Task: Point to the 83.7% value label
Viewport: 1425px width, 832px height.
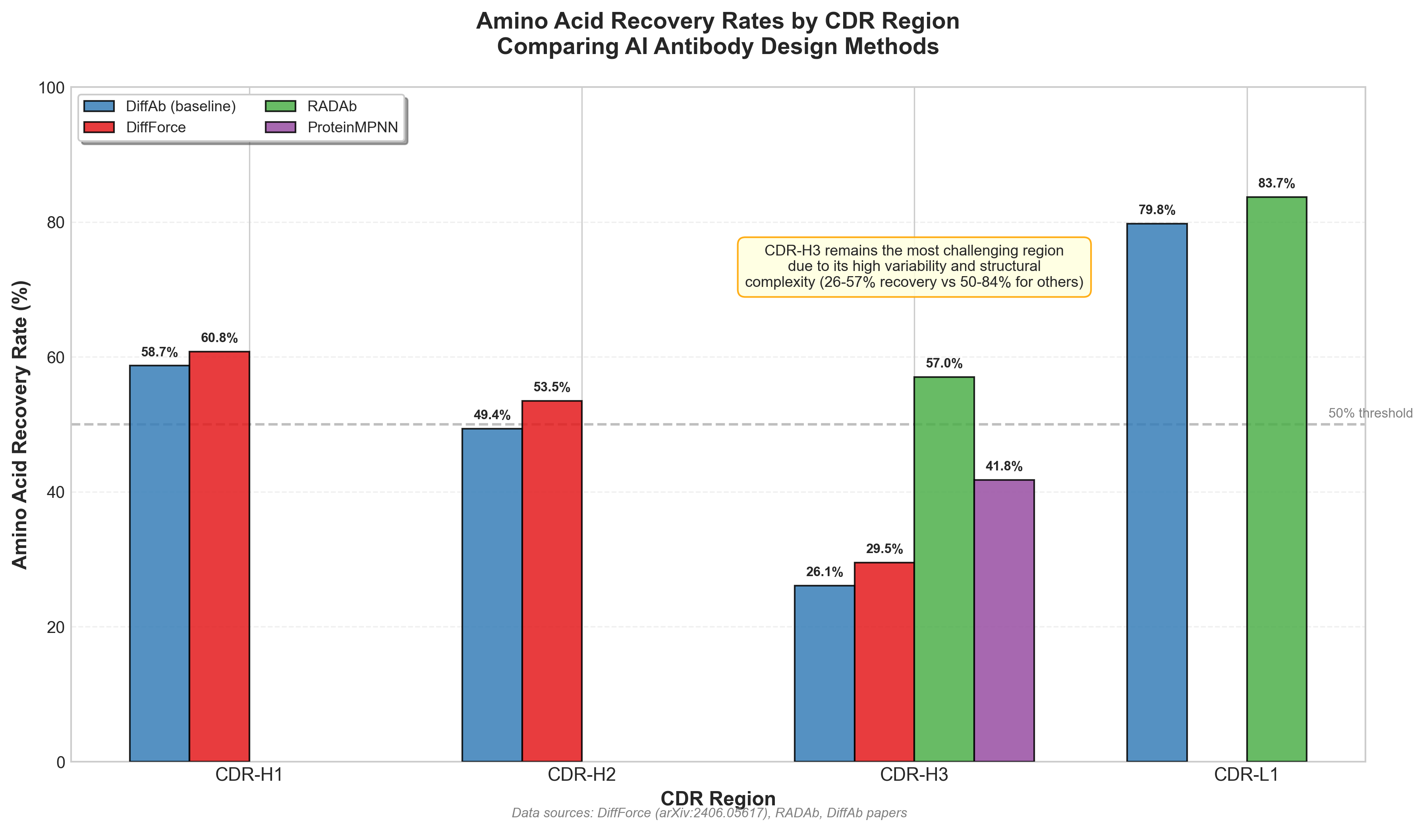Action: [1276, 183]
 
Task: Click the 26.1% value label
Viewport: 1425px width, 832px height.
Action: [824, 572]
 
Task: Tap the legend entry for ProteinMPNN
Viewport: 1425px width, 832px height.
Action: [352, 127]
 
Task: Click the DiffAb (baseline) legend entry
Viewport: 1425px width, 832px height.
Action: [180, 106]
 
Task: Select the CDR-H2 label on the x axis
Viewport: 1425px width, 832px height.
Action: [581, 774]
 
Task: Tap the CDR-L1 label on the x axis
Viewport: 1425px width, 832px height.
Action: [1246, 774]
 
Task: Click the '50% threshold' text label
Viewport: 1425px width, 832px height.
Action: [1369, 414]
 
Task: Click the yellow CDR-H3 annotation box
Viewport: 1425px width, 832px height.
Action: [914, 266]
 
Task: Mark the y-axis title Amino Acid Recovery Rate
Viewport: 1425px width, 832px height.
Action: [20, 424]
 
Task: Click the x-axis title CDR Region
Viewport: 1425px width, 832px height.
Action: [718, 799]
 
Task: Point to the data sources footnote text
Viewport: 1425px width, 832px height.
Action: [709, 813]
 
